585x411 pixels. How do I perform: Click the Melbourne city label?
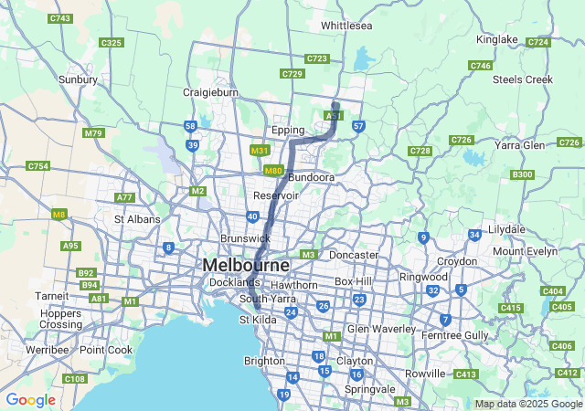pyautogui.click(x=246, y=265)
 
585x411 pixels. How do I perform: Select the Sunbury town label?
pyautogui.click(x=78, y=79)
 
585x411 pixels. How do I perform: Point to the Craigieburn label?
pyautogui.click(x=210, y=93)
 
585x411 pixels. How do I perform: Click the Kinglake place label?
pyautogui.click(x=497, y=39)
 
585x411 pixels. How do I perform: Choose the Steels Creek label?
pyautogui.click(x=523, y=79)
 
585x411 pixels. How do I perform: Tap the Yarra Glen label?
pyautogui.click(x=520, y=144)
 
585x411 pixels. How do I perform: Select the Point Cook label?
pyautogui.click(x=105, y=350)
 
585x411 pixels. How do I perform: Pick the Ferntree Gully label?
pyautogui.click(x=453, y=335)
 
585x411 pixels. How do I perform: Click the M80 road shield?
pyautogui.click(x=273, y=171)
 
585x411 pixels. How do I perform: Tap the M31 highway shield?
pyautogui.click(x=260, y=151)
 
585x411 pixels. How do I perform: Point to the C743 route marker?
pyautogui.click(x=61, y=18)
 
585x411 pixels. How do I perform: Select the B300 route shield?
pyautogui.click(x=523, y=174)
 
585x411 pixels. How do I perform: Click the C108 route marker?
pyautogui.click(x=75, y=378)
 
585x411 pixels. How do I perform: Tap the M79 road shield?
pyautogui.click(x=93, y=133)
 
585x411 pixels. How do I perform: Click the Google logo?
pyautogui.click(x=30, y=400)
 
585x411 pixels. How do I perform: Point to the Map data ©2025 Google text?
pyautogui.click(x=526, y=404)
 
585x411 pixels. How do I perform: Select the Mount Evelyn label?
pyautogui.click(x=525, y=251)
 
